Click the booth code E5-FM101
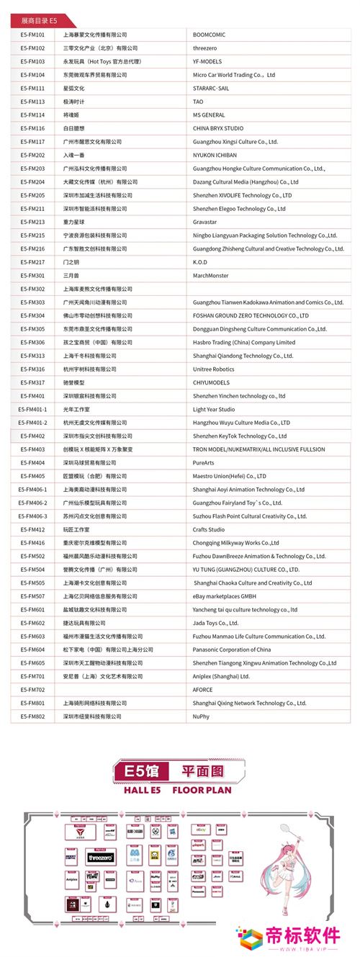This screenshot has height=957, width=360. (32, 34)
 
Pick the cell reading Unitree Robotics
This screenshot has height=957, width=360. (214, 369)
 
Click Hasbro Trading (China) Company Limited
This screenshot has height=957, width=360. (244, 342)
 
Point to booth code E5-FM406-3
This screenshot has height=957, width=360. (33, 516)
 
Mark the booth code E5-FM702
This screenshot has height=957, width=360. (32, 690)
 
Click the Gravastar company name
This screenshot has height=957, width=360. (206, 221)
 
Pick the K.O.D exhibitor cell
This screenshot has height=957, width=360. (200, 261)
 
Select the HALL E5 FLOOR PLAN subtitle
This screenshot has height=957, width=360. (180, 790)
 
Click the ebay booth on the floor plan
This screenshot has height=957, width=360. (201, 830)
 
